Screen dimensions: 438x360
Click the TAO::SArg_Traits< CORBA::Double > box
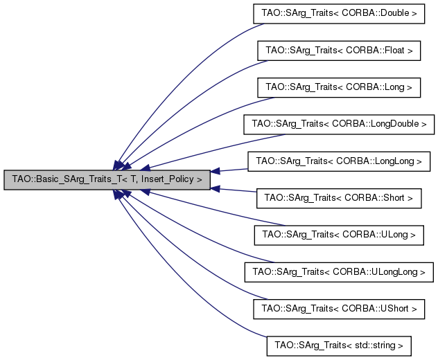tap(339, 13)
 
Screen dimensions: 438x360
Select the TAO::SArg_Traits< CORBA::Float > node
tap(339, 51)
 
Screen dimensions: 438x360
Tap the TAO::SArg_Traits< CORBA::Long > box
tap(339, 87)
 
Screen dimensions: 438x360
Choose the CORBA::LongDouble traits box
tap(339, 124)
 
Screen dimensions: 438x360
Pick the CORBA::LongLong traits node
tap(339, 161)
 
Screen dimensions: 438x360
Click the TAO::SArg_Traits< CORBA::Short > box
tap(339, 198)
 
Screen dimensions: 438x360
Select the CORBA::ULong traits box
tap(339, 235)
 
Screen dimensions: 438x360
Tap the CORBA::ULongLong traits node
tap(339, 272)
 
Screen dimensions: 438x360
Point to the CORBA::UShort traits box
tap(339, 309)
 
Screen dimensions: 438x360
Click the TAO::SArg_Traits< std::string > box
tap(339, 346)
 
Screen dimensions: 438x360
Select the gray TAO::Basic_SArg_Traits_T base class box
tap(107, 180)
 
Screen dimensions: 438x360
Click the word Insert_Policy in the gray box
tap(167, 179)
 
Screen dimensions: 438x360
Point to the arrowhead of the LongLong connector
tap(215, 171)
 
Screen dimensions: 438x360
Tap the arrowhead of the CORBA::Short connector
tap(215, 189)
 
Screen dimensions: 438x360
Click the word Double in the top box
tap(395, 13)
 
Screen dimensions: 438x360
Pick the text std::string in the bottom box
tap(375, 345)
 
